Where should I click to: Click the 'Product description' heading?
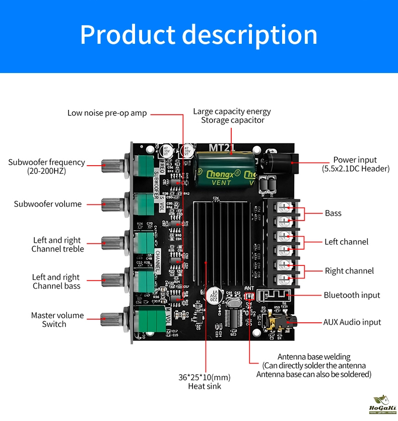tap(198, 35)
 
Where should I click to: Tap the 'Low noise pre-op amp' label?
tap(107, 113)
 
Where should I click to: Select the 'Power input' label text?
tap(355, 160)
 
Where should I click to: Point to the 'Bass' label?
tap(333, 214)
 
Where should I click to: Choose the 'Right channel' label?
tap(349, 271)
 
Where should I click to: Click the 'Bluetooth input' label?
tap(352, 295)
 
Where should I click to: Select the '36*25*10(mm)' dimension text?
tap(204, 377)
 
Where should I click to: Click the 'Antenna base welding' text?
tap(314, 357)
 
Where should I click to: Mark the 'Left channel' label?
tap(346, 242)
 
